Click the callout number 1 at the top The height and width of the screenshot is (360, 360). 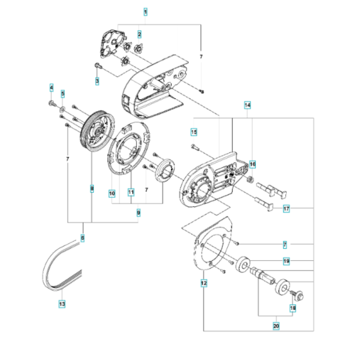coord(145,12)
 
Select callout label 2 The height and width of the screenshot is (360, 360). coord(139,33)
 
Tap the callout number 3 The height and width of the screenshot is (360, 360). coord(97,81)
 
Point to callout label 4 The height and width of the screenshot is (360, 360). coord(51,87)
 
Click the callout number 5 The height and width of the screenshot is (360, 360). coord(63,94)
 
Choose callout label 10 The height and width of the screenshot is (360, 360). coord(111,193)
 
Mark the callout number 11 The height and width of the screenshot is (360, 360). coord(130,192)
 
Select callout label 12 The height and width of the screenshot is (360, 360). coord(204,283)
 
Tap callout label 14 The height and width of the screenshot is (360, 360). coord(248,104)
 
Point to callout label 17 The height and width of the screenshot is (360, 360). coord(286,208)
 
